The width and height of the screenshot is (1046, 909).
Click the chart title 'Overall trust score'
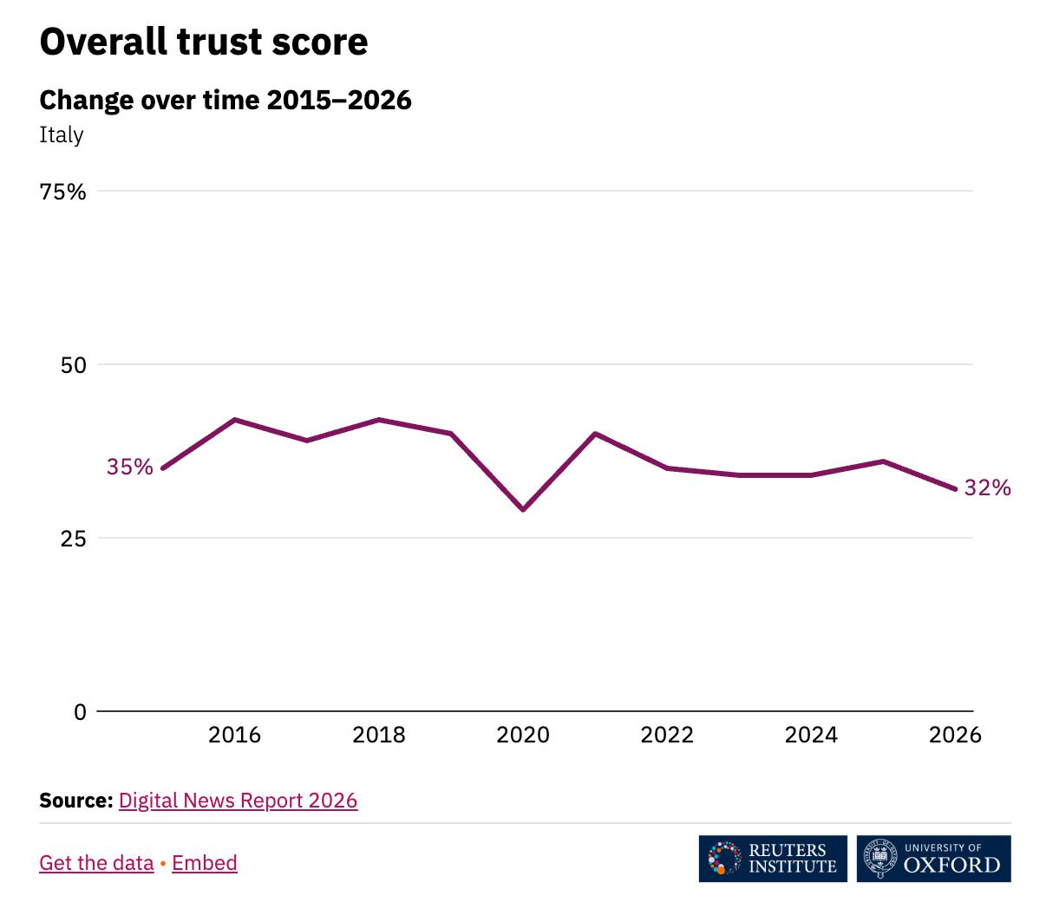point(204,42)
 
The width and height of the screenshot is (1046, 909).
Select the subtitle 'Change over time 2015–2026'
point(225,100)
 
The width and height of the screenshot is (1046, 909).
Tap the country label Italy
point(62,135)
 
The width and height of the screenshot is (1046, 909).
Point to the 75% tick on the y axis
point(63,192)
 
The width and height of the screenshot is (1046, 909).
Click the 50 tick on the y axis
point(73,365)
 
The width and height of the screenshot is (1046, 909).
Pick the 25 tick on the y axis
point(73,539)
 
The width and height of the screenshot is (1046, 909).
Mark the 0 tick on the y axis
point(81,711)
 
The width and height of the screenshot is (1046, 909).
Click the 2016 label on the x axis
point(234,736)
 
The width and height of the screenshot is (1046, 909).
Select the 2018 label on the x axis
point(378,736)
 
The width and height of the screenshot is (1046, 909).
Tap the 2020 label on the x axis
point(522,736)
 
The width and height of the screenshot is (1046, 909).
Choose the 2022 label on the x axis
point(667,736)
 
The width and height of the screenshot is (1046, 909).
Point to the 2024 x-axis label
point(811,736)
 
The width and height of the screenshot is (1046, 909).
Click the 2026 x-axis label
point(955,736)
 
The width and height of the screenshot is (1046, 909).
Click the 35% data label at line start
point(130,467)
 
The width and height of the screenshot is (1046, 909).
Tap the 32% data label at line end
point(987,487)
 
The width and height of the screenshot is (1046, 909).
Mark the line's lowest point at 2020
point(523,510)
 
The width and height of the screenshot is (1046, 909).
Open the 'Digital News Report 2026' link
point(238,801)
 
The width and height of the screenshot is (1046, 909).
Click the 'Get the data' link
point(96,863)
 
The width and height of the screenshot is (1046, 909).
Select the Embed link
point(205,863)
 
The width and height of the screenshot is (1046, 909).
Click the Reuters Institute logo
point(773,859)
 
